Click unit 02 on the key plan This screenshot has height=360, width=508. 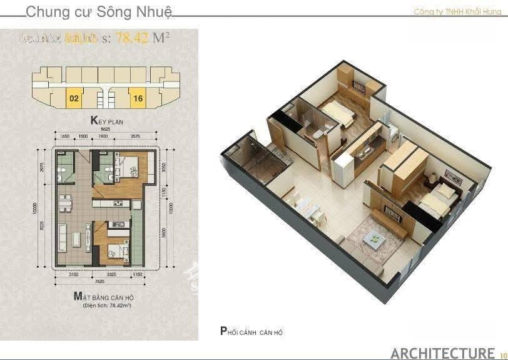coord(74,98)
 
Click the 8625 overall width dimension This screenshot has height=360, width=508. coord(105,129)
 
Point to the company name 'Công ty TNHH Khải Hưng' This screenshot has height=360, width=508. coord(458,12)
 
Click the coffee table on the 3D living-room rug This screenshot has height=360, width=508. coord(374,236)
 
